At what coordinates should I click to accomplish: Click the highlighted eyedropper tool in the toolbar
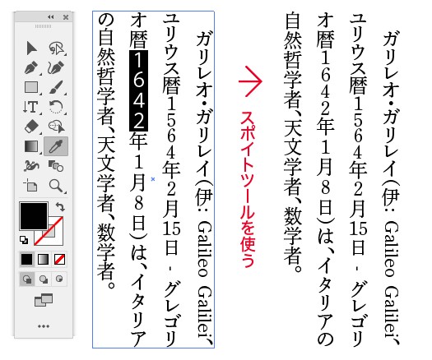point(56,146)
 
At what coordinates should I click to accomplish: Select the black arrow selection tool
point(32,48)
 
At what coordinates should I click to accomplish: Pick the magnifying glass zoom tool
point(56,186)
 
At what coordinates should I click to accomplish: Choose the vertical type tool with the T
point(30,107)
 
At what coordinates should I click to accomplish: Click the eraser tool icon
point(31,127)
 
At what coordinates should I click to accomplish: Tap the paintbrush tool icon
point(56,87)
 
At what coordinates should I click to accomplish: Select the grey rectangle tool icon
point(31,87)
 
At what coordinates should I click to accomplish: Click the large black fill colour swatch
point(34,216)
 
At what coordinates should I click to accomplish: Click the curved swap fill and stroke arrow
point(60,206)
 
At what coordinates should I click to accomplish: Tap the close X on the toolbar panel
point(66,17)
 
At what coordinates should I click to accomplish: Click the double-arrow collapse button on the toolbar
point(51,17)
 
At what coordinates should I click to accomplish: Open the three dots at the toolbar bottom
point(44,326)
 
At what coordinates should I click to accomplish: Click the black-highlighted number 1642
point(138,90)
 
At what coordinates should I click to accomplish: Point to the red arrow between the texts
point(250,81)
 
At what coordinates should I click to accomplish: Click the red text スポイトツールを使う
point(247,189)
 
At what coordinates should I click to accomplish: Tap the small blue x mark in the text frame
point(153,179)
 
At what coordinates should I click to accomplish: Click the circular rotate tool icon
point(56,107)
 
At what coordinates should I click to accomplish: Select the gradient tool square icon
point(31,146)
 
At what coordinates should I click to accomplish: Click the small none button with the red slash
point(59,259)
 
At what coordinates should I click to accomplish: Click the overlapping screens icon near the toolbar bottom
point(44,300)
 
